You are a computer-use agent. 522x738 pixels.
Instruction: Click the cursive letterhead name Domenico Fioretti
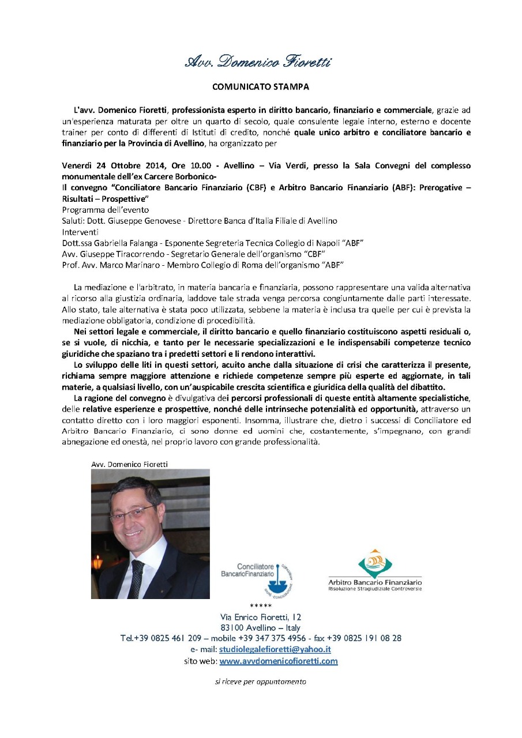click(258, 62)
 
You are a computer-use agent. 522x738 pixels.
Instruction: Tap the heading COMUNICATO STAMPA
click(261, 87)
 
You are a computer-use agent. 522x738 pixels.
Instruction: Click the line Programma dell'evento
click(105, 210)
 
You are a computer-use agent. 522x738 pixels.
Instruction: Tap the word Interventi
click(80, 231)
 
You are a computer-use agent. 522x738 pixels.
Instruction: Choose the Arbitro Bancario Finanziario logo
click(375, 569)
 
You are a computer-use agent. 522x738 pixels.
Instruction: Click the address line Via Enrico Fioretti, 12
click(261, 617)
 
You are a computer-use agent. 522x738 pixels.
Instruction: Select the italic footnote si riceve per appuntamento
click(260, 681)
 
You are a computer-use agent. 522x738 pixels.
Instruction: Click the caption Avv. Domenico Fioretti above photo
click(129, 464)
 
